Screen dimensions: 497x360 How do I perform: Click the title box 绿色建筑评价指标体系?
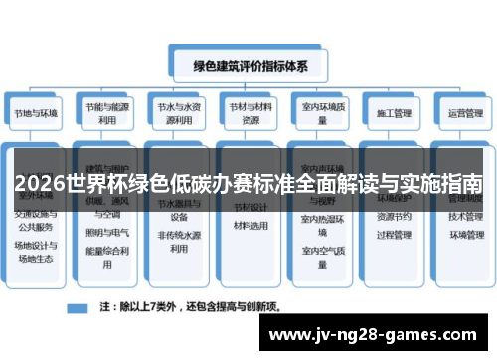click(x=248, y=67)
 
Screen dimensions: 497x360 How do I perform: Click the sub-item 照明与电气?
click(x=106, y=232)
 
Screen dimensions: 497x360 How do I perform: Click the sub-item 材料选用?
click(x=248, y=226)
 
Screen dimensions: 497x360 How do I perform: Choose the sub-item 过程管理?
click(x=390, y=236)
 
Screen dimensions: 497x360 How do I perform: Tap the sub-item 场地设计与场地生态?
click(x=36, y=252)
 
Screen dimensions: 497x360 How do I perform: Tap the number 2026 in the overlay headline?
click(x=41, y=185)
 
